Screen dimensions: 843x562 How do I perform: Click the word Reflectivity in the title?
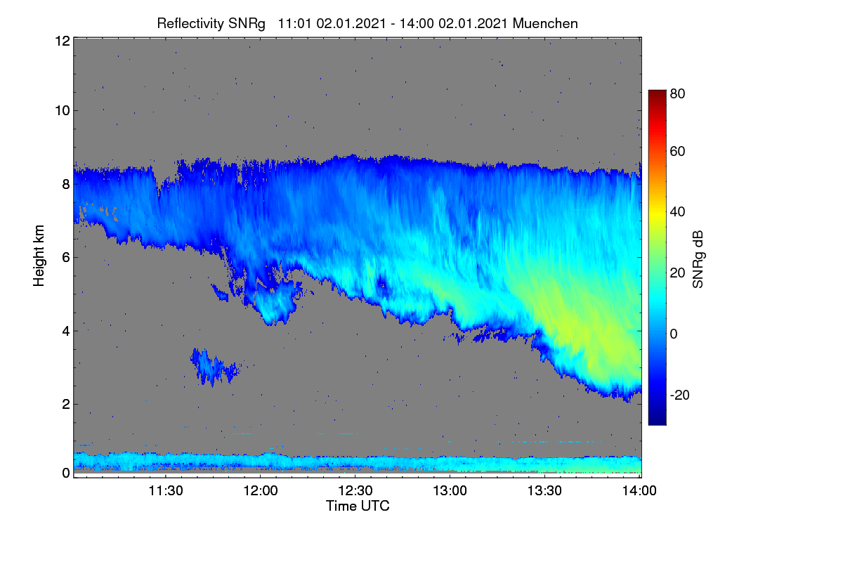pyautogui.click(x=190, y=24)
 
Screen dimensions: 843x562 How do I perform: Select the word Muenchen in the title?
pyautogui.click(x=545, y=24)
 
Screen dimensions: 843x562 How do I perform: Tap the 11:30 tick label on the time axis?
pyautogui.click(x=166, y=490)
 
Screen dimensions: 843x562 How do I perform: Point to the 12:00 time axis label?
pyautogui.click(x=261, y=490)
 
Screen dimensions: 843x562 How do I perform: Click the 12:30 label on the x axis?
pyautogui.click(x=355, y=490)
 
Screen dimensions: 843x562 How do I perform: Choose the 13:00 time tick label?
pyautogui.click(x=450, y=490)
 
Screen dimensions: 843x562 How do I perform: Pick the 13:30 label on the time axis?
pyautogui.click(x=544, y=490)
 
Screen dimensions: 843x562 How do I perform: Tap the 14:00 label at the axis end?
pyautogui.click(x=639, y=490)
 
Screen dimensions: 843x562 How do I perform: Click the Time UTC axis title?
pyautogui.click(x=358, y=506)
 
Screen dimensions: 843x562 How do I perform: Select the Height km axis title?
pyautogui.click(x=39, y=256)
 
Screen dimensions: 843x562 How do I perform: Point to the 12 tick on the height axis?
pyautogui.click(x=63, y=41)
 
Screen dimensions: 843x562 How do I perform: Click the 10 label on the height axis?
pyautogui.click(x=63, y=111)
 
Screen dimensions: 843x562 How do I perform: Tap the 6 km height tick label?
pyautogui.click(x=66, y=258)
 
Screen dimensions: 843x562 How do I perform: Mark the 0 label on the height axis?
pyautogui.click(x=66, y=473)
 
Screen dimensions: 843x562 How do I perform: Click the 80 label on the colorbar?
pyautogui.click(x=677, y=93)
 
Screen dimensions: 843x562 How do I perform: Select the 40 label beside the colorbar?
pyautogui.click(x=677, y=212)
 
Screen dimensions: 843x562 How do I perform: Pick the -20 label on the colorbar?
pyautogui.click(x=680, y=395)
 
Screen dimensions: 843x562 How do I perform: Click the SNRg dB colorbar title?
pyautogui.click(x=698, y=259)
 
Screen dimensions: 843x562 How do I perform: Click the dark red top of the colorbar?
pyautogui.click(x=657, y=93)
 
